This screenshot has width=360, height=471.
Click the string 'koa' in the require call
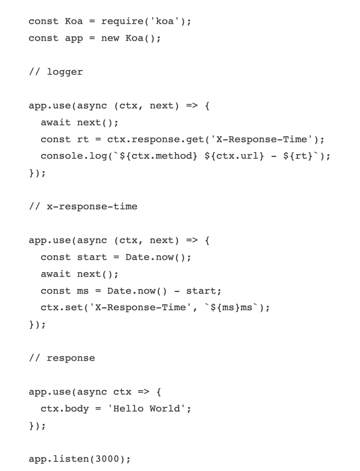pos(165,21)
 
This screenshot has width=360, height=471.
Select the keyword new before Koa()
pos(110,38)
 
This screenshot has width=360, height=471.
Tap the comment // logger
pos(56,72)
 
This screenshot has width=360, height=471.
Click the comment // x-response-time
pos(83,206)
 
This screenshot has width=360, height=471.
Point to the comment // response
pos(62,358)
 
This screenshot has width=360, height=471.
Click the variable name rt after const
pos(83,139)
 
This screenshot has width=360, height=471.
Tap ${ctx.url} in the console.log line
pos(234,156)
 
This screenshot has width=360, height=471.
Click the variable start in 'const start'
pos(92,257)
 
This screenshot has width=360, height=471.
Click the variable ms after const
pos(83,291)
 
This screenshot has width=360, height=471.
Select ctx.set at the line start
pos(59,307)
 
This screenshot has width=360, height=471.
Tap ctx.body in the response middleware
pos(65,409)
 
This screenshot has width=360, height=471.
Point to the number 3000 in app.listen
pos(107,459)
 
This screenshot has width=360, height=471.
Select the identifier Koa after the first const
pos(74,21)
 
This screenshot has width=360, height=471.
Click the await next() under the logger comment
pos(79,123)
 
